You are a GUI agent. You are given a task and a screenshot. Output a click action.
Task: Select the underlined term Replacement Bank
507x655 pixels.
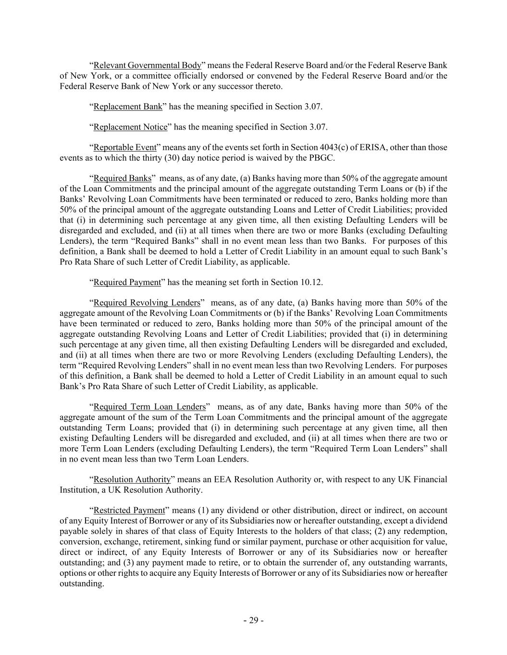128,107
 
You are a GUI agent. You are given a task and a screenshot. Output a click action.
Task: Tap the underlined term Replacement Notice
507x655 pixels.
130,127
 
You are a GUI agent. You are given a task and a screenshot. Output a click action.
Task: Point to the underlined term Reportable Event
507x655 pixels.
125,148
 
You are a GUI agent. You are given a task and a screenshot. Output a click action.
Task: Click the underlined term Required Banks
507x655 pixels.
122,179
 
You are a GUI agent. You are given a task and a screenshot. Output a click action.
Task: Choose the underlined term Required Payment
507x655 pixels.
127,282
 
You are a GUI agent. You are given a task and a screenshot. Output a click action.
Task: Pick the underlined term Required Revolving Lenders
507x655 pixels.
147,303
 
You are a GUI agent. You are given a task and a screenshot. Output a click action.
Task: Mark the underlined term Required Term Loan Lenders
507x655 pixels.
149,407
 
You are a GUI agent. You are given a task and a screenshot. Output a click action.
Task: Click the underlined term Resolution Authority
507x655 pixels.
132,479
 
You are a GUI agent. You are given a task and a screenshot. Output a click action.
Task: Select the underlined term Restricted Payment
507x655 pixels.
129,510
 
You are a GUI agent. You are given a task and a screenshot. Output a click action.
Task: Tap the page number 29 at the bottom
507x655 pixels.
253,620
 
